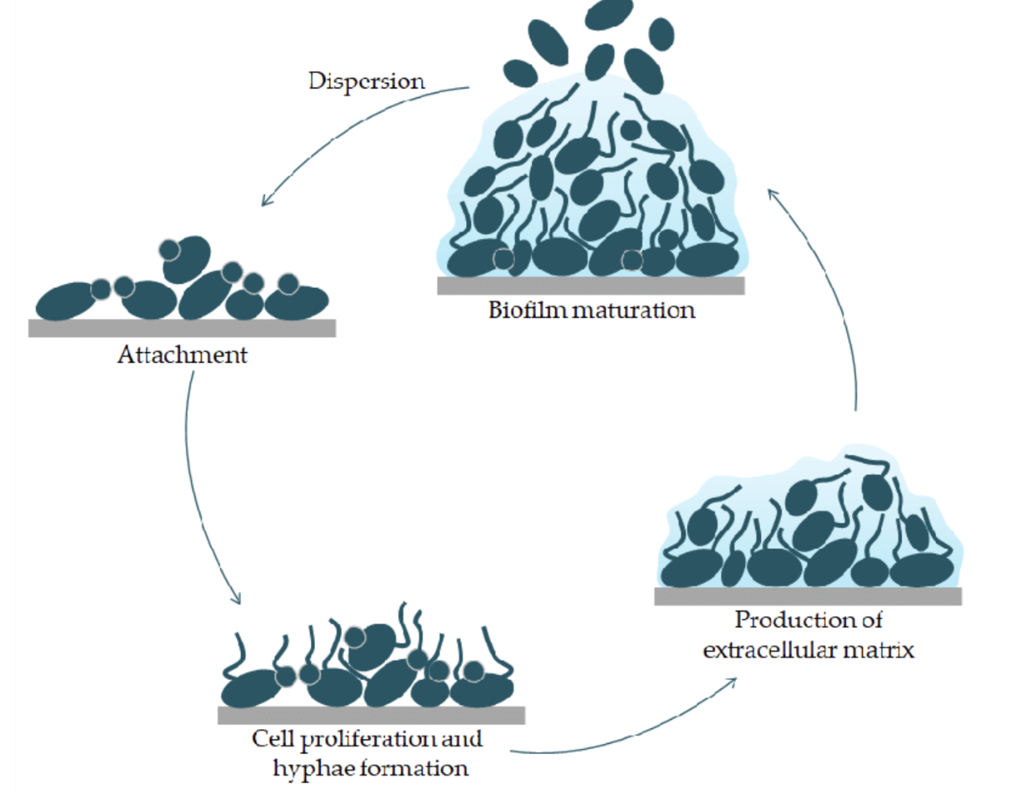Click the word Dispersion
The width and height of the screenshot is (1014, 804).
[366, 81]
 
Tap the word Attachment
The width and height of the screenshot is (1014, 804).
[182, 355]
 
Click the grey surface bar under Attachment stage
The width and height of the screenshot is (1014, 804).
[182, 328]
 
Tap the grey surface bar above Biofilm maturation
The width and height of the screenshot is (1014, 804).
[591, 285]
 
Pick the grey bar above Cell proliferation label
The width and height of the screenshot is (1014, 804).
[371, 715]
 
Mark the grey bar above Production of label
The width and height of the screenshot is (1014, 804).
[808, 596]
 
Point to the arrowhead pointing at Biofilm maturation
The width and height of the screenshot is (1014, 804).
[772, 195]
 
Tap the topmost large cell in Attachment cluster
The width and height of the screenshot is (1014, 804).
[187, 257]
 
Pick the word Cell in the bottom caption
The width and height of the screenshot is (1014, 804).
[272, 739]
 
